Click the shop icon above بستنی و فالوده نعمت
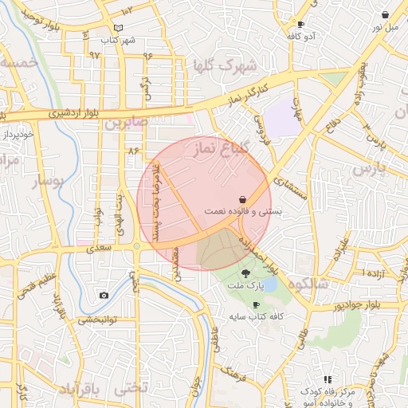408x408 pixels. (x=242, y=199)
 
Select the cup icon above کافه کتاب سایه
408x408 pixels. (x=255, y=304)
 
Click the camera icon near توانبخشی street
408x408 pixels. (x=104, y=296)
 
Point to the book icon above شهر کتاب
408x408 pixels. (x=119, y=28)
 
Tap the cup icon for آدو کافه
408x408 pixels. (x=300, y=25)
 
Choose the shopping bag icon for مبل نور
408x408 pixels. (x=386, y=14)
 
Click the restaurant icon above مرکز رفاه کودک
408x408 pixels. (x=327, y=379)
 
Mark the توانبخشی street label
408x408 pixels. (x=97, y=320)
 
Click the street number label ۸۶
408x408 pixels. (x=132, y=150)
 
